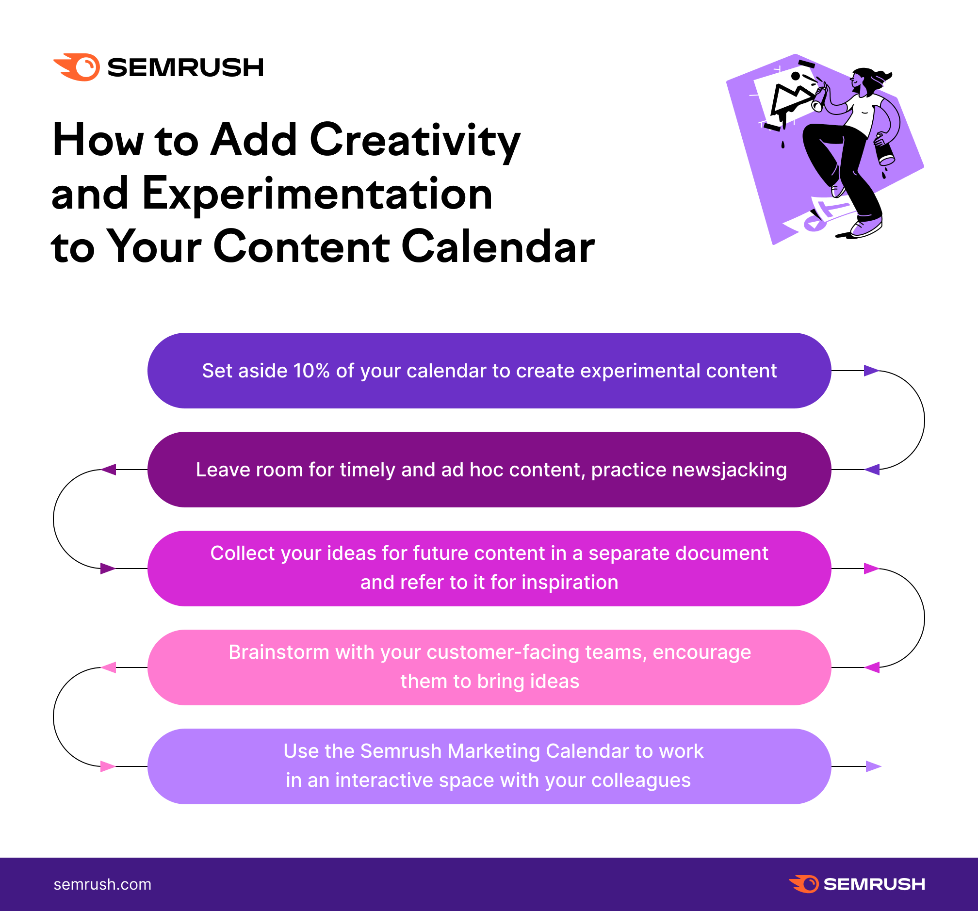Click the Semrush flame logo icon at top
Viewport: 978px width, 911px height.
77,67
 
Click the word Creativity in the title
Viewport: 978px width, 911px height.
415,142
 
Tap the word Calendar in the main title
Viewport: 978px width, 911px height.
498,247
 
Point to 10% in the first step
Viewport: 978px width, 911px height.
311,371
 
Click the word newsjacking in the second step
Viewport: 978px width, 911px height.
689,470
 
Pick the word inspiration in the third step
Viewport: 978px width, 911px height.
570,583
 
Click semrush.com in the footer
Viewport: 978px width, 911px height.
102,884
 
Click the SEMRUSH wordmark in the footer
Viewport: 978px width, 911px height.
874,884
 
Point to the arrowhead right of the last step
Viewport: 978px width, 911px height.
873,766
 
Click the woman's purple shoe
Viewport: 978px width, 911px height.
866,227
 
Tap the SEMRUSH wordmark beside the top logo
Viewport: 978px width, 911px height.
185,67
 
